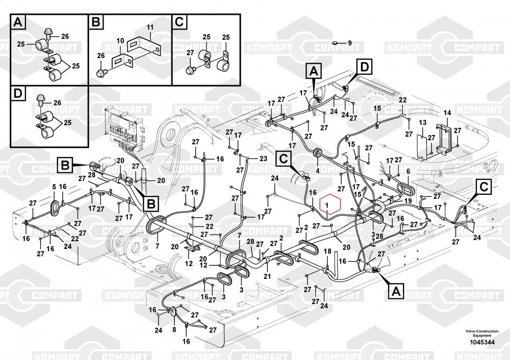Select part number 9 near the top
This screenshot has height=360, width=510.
click(x=350, y=43)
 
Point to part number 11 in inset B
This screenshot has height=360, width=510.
click(x=150, y=27)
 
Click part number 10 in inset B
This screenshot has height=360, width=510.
click(x=120, y=40)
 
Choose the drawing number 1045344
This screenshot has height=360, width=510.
click(x=481, y=342)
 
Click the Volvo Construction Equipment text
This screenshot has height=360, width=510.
click(x=481, y=333)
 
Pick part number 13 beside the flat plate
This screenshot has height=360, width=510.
click(x=422, y=123)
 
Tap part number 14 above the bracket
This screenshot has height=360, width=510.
click(x=447, y=112)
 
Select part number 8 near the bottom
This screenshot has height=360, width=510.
click(x=174, y=329)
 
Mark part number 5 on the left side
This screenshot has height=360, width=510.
click(x=54, y=187)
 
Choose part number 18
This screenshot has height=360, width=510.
click(x=328, y=251)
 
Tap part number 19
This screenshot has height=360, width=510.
click(x=408, y=201)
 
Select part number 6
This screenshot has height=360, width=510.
click(x=408, y=172)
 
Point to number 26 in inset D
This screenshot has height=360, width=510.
click(x=57, y=103)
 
